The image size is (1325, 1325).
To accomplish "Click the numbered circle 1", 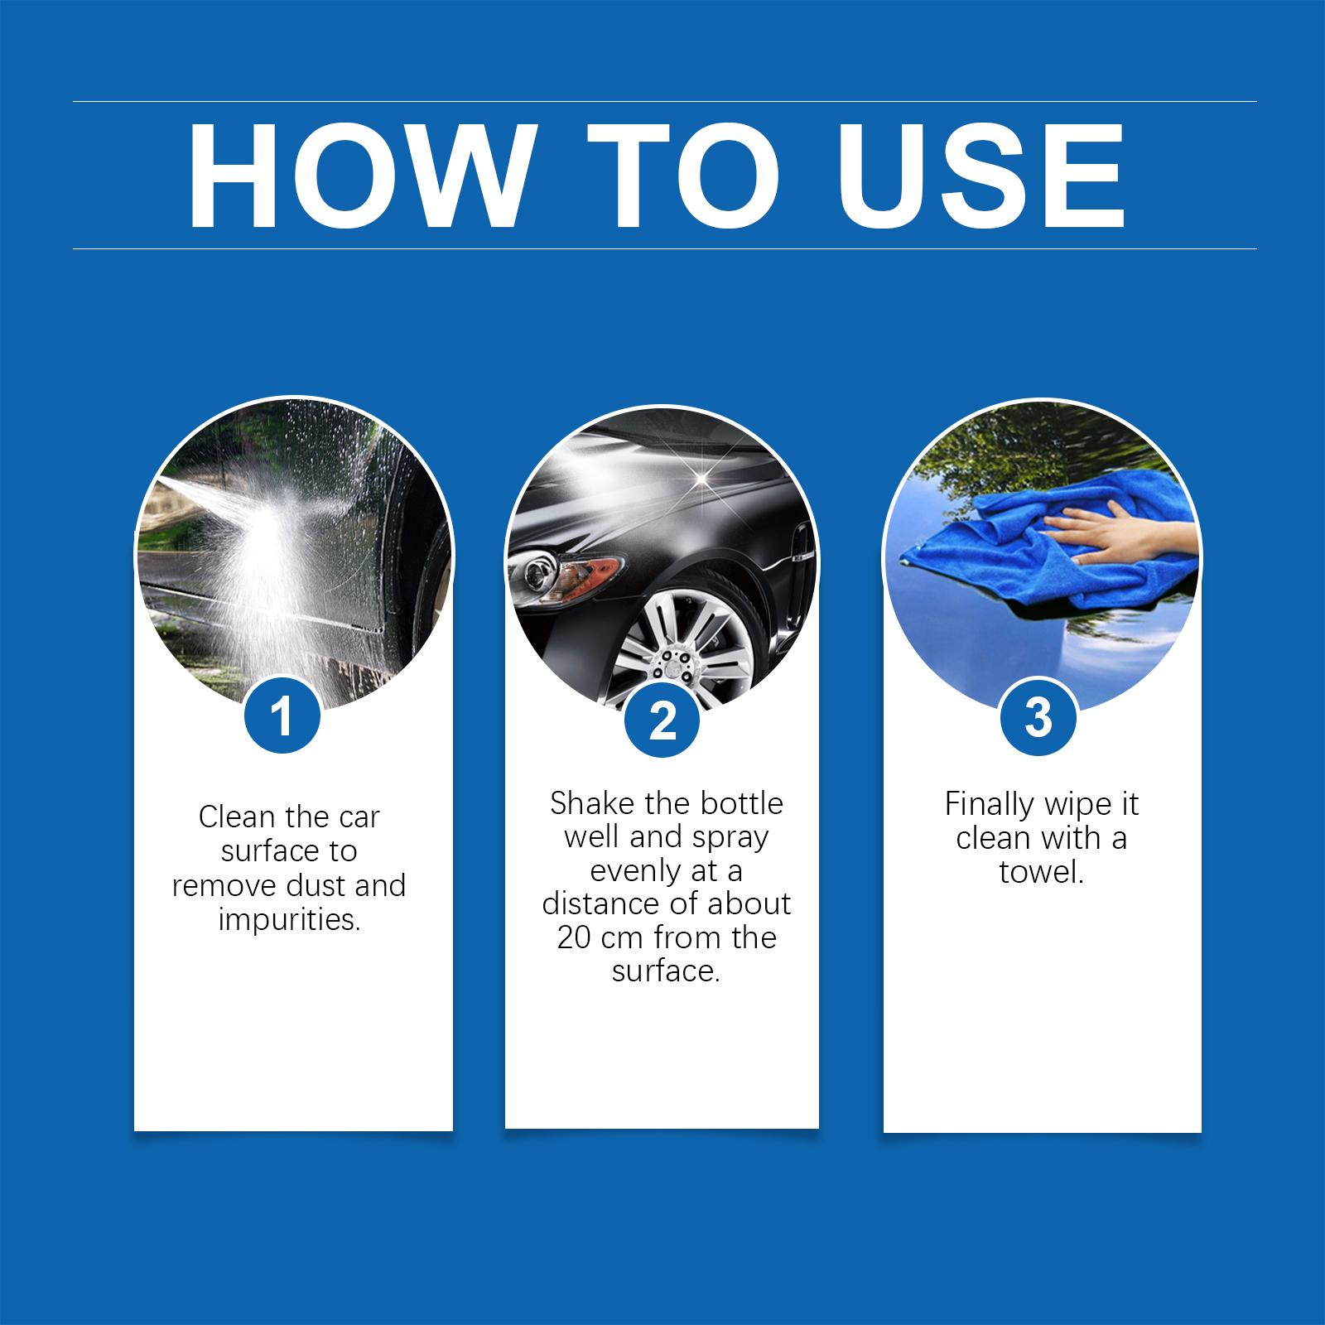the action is [282, 715].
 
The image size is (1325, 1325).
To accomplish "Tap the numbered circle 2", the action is [662, 720].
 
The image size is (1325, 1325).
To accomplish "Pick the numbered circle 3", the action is [1038, 716].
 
